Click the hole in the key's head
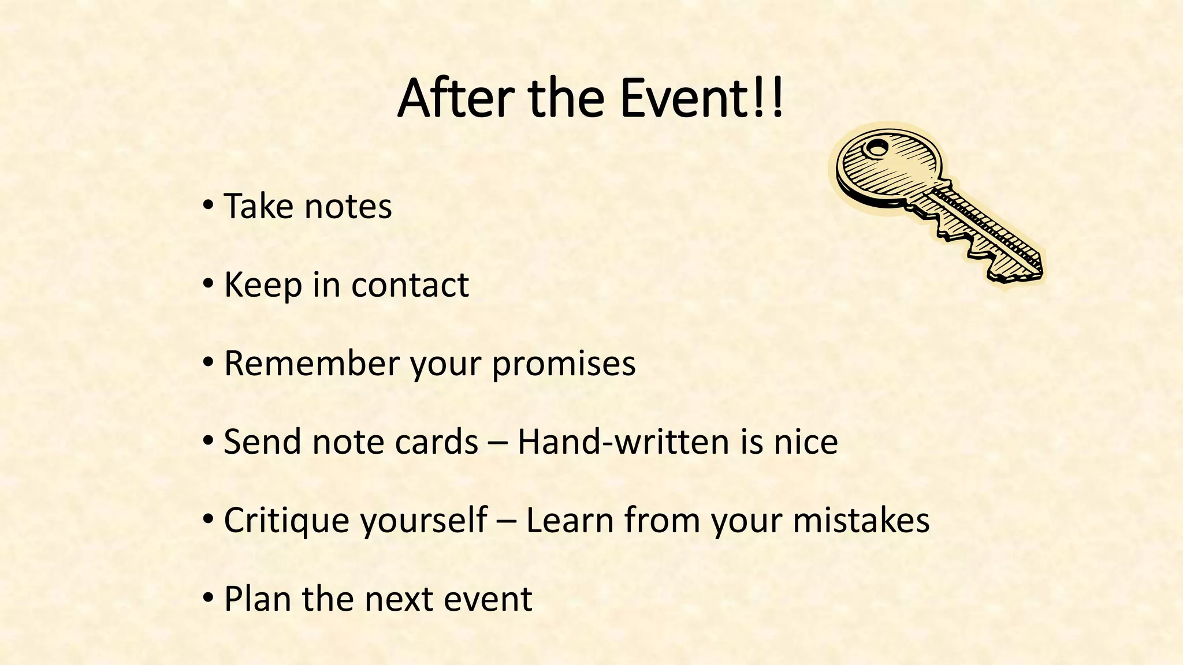tap(876, 148)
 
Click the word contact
tap(410, 285)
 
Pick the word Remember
tap(311, 363)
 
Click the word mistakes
tap(861, 520)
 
